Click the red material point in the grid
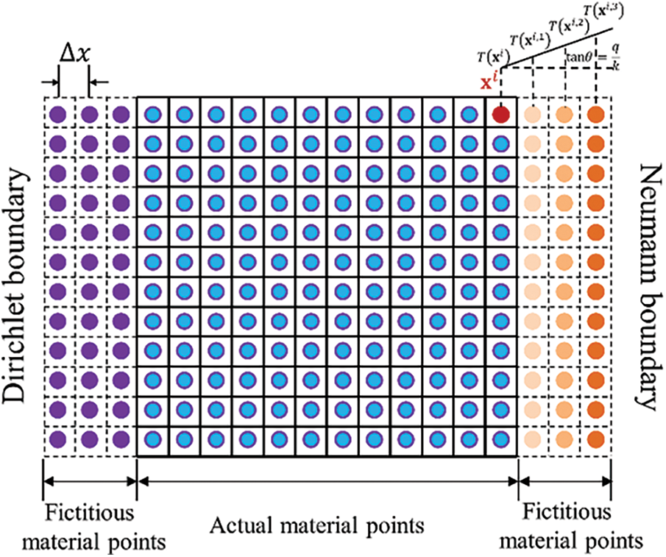point(501,115)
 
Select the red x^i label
point(486,82)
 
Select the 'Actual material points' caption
point(317,526)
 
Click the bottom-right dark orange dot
point(596,441)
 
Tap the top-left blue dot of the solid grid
point(152,115)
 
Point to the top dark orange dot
point(596,115)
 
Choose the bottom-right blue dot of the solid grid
point(501,441)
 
